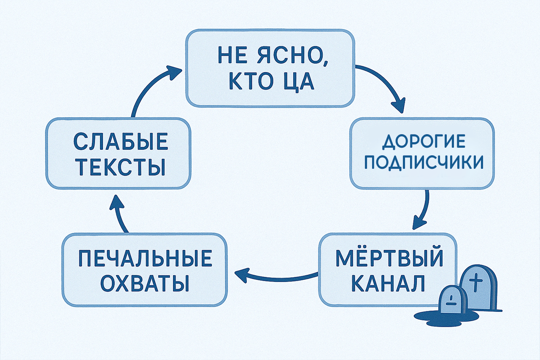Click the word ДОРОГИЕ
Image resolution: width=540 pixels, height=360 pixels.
tap(424, 142)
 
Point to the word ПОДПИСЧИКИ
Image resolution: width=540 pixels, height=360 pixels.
tap(424, 162)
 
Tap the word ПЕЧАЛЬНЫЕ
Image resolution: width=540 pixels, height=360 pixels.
tap(145, 258)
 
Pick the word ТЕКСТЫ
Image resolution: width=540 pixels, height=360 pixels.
tap(122, 167)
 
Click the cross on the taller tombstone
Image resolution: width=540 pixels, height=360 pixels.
tap(475, 282)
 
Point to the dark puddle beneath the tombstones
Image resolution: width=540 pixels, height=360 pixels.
tap(446, 316)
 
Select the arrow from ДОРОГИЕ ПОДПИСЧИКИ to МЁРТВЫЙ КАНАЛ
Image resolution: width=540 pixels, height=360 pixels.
tap(423, 210)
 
